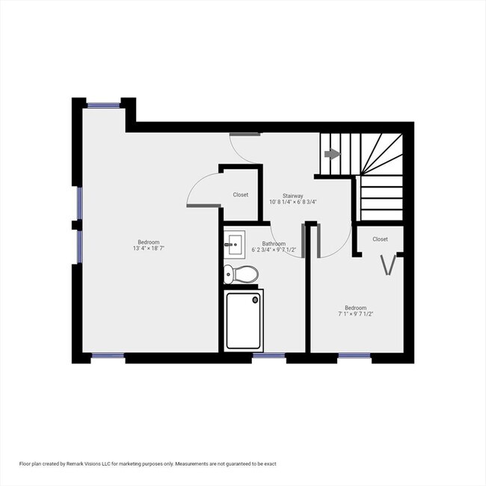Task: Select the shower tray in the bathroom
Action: pyautogui.click(x=244, y=320)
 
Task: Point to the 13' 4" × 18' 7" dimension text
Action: pyautogui.click(x=147, y=249)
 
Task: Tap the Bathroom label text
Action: pyautogui.click(x=274, y=244)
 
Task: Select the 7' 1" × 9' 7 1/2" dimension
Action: pyautogui.click(x=356, y=314)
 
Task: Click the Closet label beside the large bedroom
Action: pyautogui.click(x=240, y=194)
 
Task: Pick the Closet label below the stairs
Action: pyautogui.click(x=380, y=239)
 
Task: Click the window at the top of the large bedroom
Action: pyautogui.click(x=104, y=105)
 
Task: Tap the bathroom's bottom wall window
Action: pyautogui.click(x=268, y=356)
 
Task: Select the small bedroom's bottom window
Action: pyautogui.click(x=354, y=356)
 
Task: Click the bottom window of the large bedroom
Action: pyautogui.click(x=108, y=356)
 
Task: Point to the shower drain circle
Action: pyautogui.click(x=256, y=300)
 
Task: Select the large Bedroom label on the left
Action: pyautogui.click(x=147, y=242)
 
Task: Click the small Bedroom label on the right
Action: pyautogui.click(x=356, y=307)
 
